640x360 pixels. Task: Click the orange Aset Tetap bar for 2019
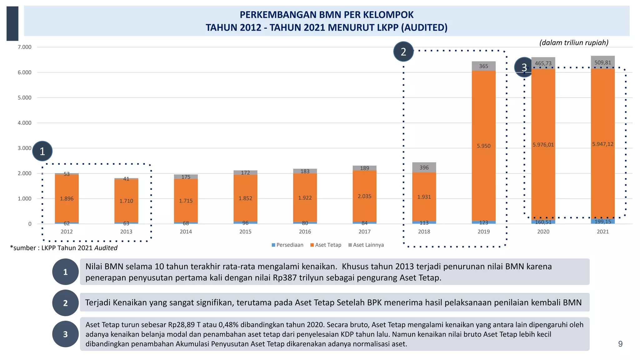(x=483, y=125)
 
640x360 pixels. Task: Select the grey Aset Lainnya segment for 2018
(x=424, y=167)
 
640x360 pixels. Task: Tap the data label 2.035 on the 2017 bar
(x=364, y=196)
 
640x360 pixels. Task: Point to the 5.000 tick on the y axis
(x=24, y=97)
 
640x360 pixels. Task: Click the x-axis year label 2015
(x=245, y=232)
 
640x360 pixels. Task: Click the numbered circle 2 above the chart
(x=403, y=52)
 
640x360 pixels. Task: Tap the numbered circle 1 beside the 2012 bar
(x=42, y=151)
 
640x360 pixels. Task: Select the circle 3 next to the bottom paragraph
(x=65, y=334)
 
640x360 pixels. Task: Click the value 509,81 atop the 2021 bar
(x=602, y=62)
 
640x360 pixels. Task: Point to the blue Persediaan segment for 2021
(x=602, y=222)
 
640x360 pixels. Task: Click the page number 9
(x=620, y=344)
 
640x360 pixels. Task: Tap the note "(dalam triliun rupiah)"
(x=574, y=42)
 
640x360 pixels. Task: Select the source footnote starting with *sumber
(x=64, y=248)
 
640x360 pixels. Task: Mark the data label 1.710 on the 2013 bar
(x=126, y=201)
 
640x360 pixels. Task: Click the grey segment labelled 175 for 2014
(x=186, y=177)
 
